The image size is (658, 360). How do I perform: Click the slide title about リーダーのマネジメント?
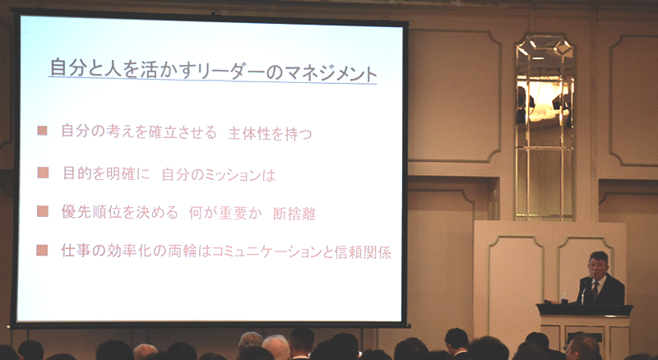213,70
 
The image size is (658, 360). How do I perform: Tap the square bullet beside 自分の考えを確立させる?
43,131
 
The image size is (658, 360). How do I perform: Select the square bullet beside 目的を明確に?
44,173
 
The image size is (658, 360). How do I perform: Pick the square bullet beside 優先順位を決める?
43,211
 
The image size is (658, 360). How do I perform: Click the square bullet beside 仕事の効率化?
42,251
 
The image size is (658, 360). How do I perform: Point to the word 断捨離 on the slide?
294,214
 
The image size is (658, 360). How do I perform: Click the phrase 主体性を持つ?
270,133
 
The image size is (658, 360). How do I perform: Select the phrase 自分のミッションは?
218,174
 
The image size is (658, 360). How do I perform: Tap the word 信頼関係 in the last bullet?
363,252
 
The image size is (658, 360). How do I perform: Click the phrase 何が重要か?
225,213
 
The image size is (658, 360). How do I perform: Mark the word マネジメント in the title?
331,72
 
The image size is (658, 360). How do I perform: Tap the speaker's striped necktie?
595,290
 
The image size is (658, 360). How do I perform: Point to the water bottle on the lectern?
564,298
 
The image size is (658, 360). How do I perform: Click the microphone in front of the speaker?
585,286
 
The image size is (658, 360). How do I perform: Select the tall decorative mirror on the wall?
544,127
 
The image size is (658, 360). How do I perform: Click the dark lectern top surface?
585,310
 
